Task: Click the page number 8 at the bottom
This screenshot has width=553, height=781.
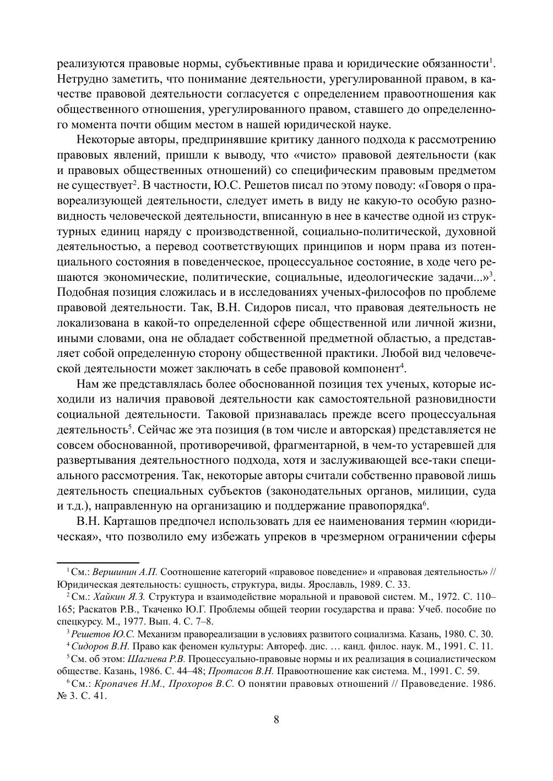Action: point(276,719)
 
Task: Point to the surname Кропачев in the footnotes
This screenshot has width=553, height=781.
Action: point(117,684)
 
